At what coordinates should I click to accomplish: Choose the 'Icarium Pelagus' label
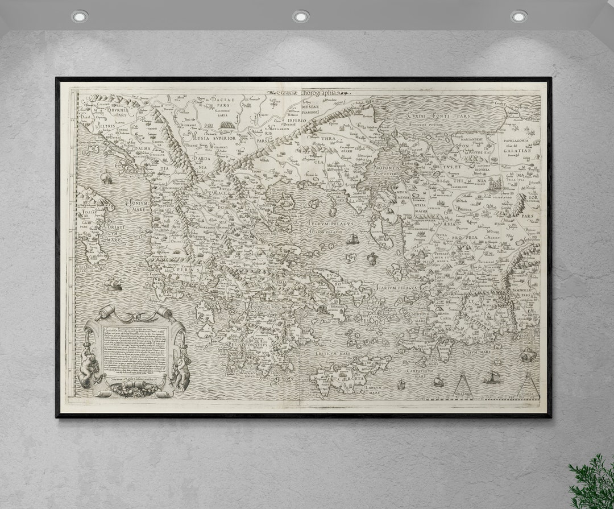point(396,288)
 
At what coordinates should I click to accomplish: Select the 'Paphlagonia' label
point(515,140)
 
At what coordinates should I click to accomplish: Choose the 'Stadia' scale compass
point(529,386)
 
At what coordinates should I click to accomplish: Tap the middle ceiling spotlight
point(301,16)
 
